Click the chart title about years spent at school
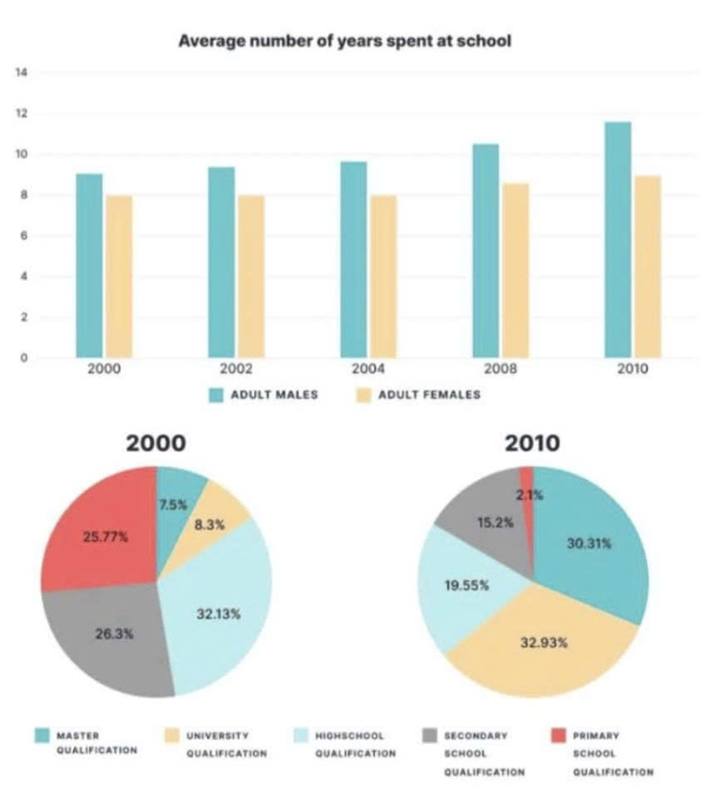click(x=344, y=41)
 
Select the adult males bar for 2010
click(x=617, y=242)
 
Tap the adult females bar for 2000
click(x=119, y=277)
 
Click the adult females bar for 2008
click(x=515, y=271)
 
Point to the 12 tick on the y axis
click(x=23, y=113)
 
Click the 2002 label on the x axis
click(x=236, y=369)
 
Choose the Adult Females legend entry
click(x=429, y=394)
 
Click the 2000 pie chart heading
click(x=155, y=442)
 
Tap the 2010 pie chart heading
click(x=532, y=442)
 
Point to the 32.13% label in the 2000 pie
click(x=218, y=614)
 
